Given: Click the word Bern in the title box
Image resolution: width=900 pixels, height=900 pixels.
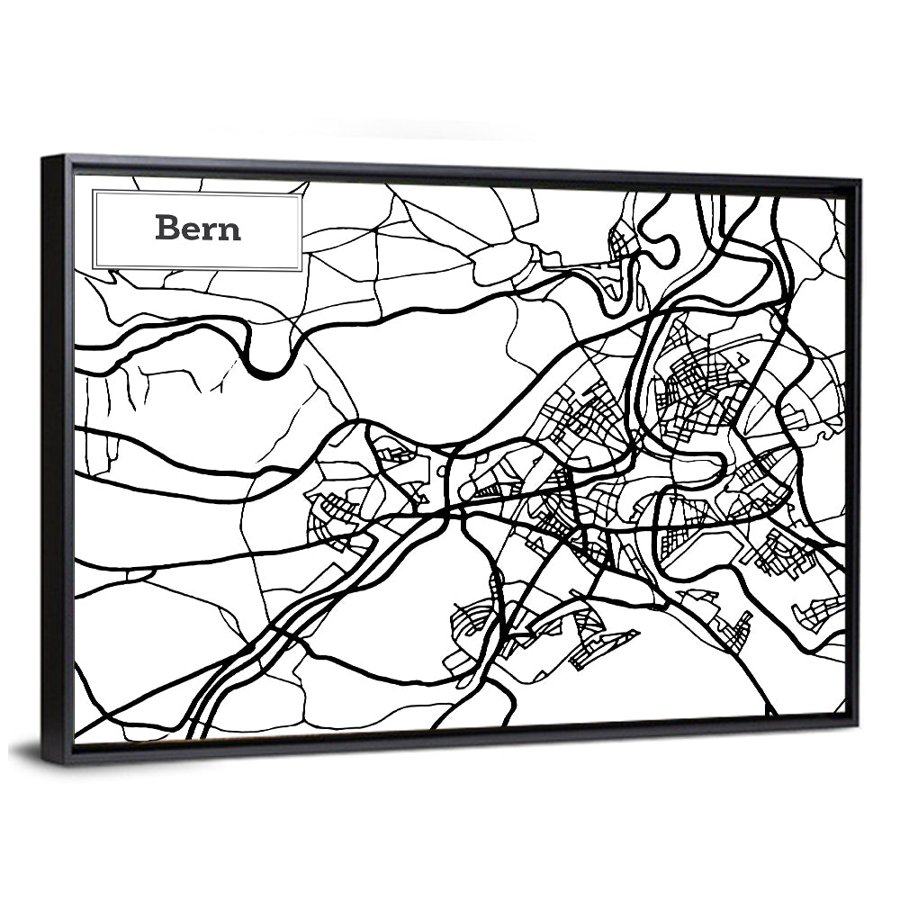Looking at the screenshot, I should pyautogui.click(x=198, y=228).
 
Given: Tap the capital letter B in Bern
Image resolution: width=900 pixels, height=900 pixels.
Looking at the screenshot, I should pyautogui.click(x=166, y=228).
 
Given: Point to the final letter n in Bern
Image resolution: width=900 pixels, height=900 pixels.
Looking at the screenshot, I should pyautogui.click(x=230, y=230).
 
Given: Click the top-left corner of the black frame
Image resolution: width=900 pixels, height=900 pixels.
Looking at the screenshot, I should pyautogui.click(x=43, y=158).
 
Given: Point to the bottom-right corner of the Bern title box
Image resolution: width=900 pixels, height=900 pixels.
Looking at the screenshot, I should pyautogui.click(x=301, y=269).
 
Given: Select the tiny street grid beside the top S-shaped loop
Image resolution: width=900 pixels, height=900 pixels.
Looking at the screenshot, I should pyautogui.click(x=622, y=242).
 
